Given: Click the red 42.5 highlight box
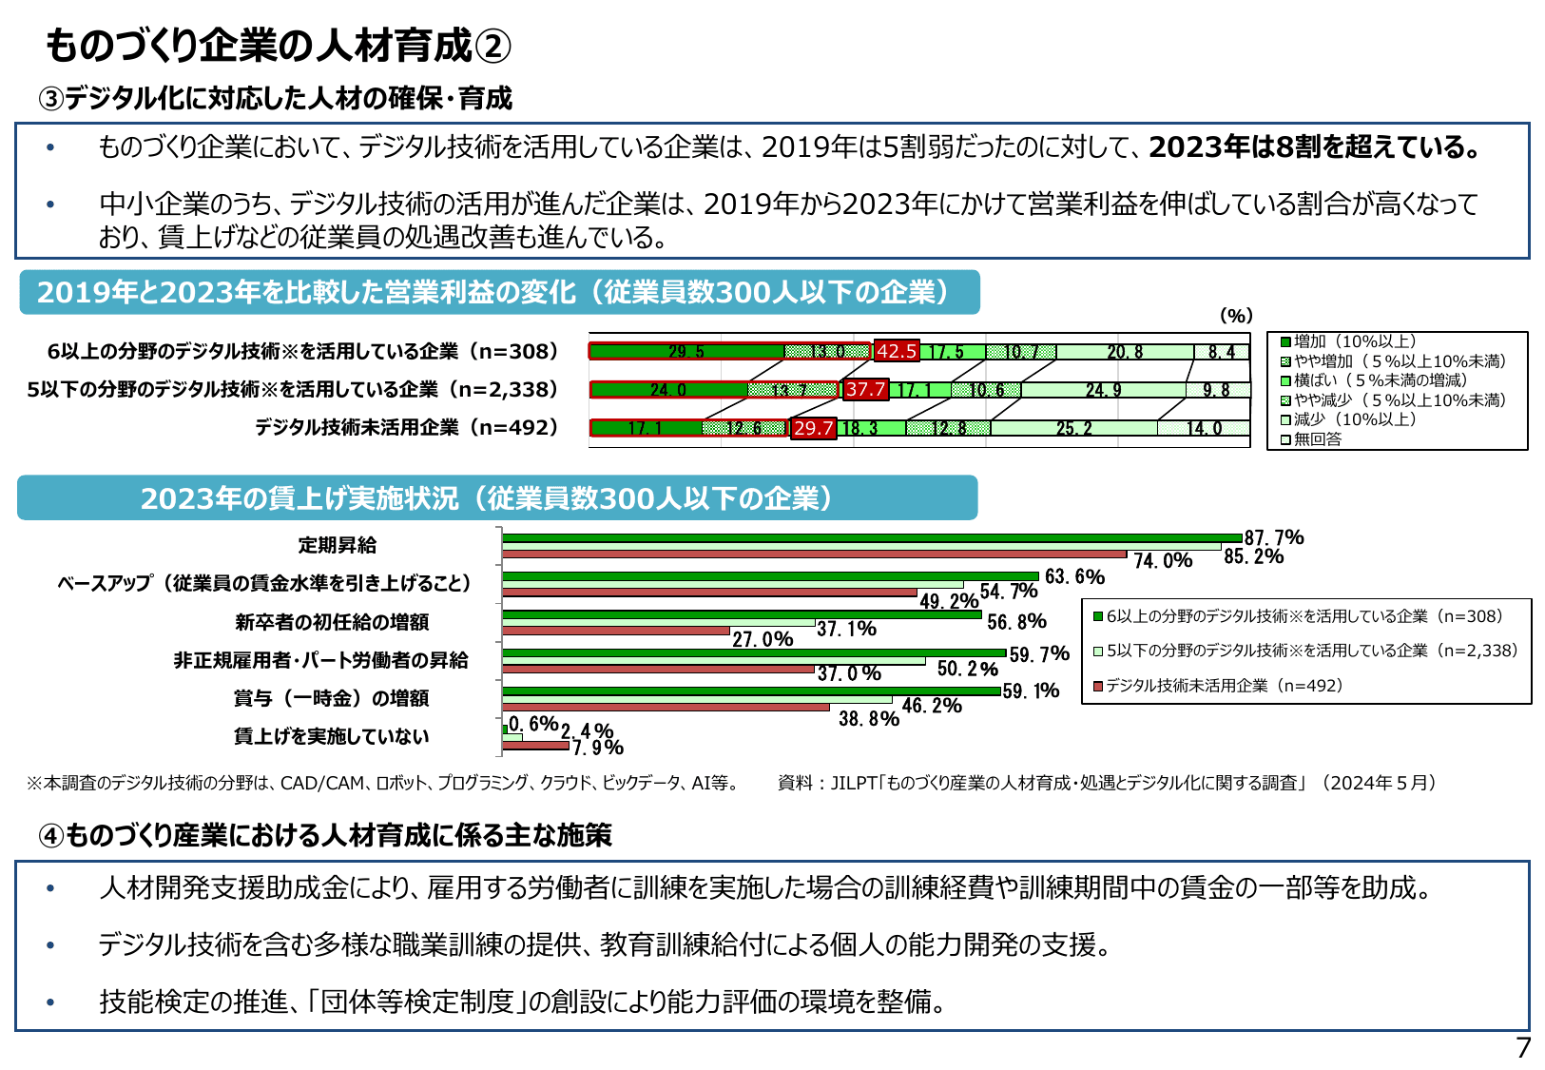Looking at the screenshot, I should pos(897,351).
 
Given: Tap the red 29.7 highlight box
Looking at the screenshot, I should pos(813,428).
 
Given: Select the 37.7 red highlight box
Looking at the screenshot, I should pos(866,389).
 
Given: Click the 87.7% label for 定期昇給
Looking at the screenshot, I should pos(1274,538).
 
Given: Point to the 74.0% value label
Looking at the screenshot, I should pos(1163,561).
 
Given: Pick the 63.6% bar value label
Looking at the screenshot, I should pos(1074,577).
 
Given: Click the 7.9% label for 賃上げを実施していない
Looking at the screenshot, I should pos(598,748).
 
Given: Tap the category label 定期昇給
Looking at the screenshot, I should pos(338,545).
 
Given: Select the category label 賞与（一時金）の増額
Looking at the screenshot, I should pos(331,698).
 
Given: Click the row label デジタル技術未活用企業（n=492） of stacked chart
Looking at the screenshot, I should pos(407,428).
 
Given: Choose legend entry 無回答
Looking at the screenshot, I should pos(1318,439).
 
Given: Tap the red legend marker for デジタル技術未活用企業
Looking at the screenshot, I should pos(1099,686).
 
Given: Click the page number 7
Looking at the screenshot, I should pos(1523,1048).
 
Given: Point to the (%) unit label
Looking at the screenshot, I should pos(1236,316).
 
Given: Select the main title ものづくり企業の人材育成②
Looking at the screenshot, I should pos(279,46).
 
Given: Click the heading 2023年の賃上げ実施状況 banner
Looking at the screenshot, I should pos(496,498).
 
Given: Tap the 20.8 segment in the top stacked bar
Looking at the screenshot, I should pos(1125,352).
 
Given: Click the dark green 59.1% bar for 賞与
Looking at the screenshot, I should pos(751,691).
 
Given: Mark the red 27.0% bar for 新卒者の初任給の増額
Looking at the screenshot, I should pos(616,631).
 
